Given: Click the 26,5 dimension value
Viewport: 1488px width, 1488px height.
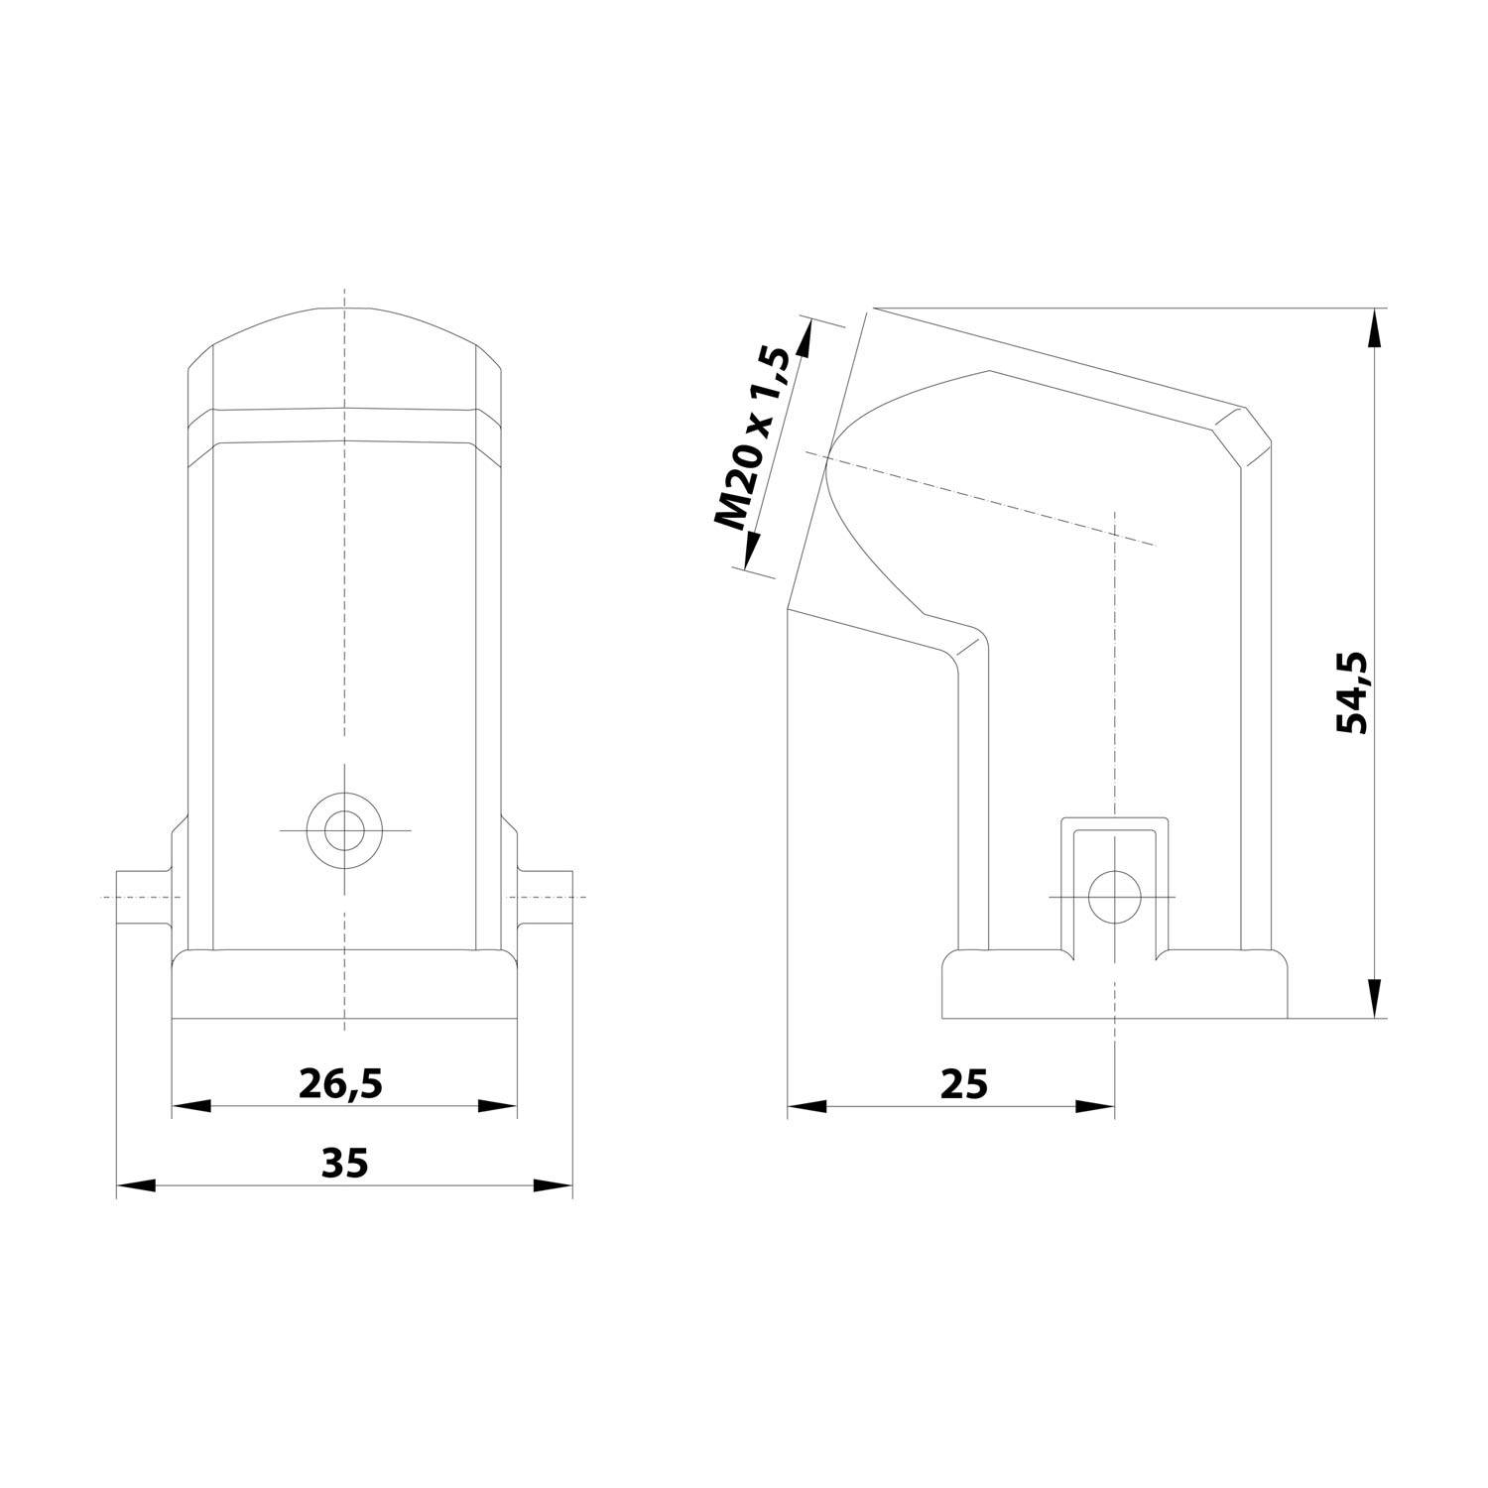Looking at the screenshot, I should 340,1085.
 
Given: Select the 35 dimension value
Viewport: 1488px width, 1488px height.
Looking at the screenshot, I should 344,1163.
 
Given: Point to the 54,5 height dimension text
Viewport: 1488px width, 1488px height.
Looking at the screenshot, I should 1351,692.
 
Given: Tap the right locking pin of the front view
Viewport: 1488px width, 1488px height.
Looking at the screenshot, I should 545,897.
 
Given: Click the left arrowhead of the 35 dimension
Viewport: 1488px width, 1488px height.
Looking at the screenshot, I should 136,1185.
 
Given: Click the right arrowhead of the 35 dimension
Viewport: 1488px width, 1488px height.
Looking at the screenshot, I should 554,1185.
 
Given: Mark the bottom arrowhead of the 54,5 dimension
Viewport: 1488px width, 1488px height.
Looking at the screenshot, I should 1374,998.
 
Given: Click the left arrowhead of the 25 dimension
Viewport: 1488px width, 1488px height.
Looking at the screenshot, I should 807,1106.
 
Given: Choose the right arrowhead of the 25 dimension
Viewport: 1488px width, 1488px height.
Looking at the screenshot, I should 1095,1106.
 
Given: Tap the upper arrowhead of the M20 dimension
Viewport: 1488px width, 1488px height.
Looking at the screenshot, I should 806,339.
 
